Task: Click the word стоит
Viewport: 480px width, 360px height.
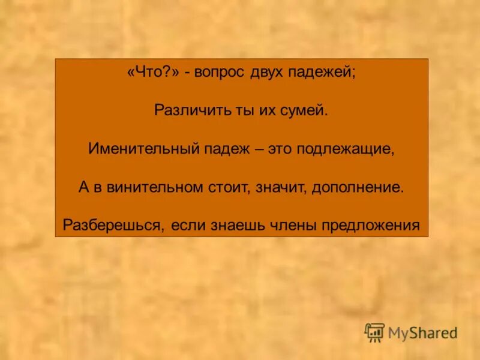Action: click(229, 187)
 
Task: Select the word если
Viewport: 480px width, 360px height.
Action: click(188, 225)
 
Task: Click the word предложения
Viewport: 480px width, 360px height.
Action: click(370, 225)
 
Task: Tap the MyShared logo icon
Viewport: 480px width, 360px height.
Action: click(374, 332)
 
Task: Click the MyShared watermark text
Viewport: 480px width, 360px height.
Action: click(422, 332)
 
